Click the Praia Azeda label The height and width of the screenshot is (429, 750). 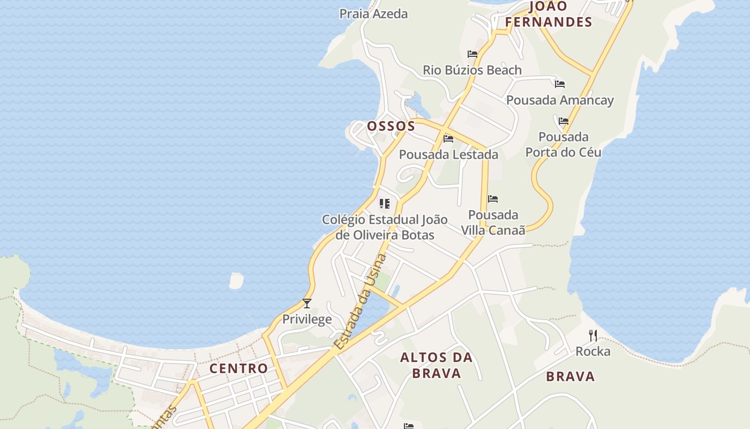(x=373, y=14)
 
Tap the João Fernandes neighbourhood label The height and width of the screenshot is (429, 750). (x=548, y=14)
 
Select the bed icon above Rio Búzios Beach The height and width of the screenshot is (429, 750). (x=472, y=54)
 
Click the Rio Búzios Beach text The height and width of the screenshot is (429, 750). (x=472, y=70)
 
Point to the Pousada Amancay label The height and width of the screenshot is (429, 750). (x=560, y=100)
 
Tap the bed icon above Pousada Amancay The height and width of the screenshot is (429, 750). (x=560, y=84)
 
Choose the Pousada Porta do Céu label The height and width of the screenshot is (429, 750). (x=563, y=145)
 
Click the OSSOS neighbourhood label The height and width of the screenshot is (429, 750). (x=391, y=127)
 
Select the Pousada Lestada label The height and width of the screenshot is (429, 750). (x=448, y=154)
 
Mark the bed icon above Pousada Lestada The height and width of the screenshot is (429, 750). (x=448, y=139)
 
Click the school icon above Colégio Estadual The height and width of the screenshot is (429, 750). (x=384, y=204)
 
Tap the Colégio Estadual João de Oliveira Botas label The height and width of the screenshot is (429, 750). (x=385, y=227)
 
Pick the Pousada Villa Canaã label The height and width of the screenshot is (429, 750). (x=493, y=223)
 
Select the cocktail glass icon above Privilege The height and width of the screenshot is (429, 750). (x=307, y=304)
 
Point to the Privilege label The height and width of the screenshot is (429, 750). (x=307, y=320)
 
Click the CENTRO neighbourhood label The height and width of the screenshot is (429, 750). (x=238, y=368)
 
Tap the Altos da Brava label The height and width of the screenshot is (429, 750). (x=436, y=365)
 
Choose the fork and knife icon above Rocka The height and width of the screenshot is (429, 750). (x=592, y=336)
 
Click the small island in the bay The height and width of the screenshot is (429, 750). (x=236, y=280)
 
